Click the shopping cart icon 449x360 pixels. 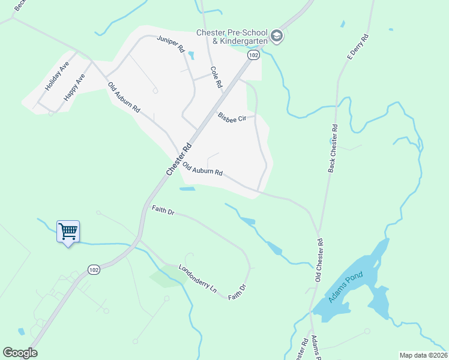(68, 231)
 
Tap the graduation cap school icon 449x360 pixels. (276, 36)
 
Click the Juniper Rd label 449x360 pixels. (170, 46)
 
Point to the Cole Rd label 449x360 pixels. (216, 77)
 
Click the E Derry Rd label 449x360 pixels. (356, 46)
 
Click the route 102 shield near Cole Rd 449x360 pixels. (253, 55)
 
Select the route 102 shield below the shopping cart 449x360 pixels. (93, 270)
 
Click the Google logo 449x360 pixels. (20, 353)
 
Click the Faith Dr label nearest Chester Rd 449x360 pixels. (162, 211)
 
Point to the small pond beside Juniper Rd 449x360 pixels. (191, 56)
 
